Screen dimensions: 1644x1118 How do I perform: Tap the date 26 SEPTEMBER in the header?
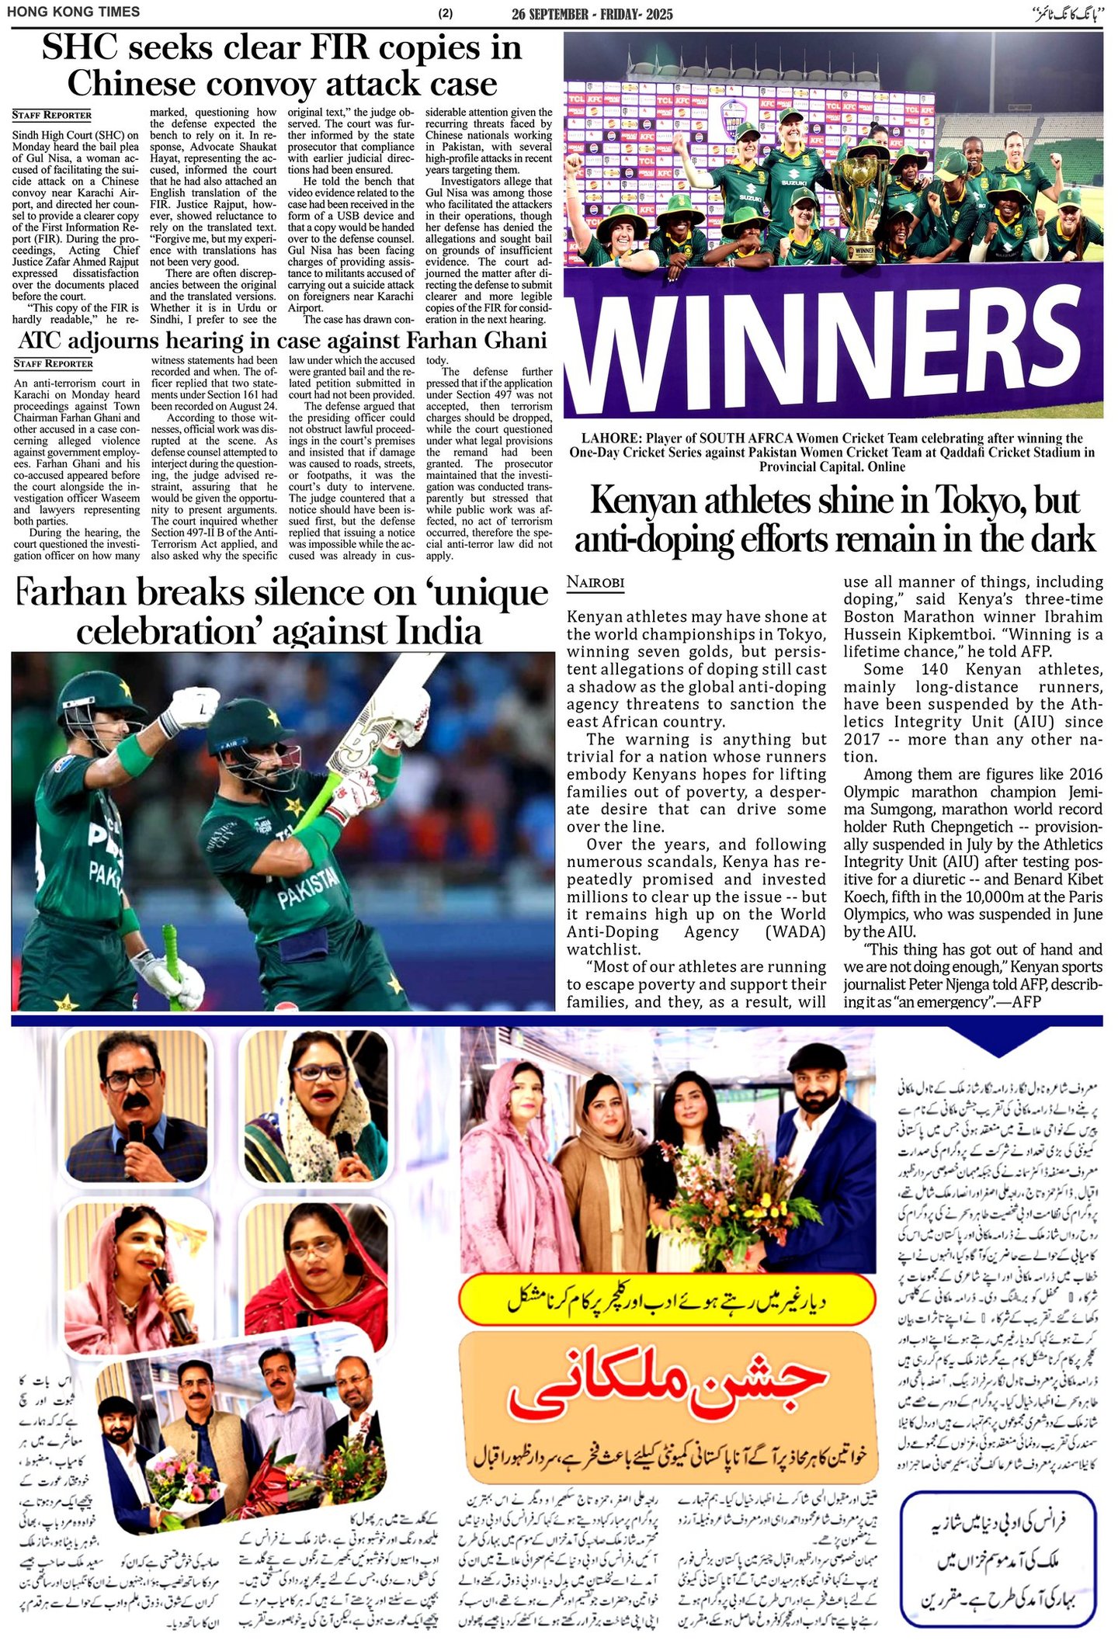point(550,14)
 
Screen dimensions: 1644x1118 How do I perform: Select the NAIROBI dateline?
point(595,582)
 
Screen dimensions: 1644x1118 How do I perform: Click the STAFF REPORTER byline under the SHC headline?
point(52,115)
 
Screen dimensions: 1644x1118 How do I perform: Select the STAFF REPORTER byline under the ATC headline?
point(52,363)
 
